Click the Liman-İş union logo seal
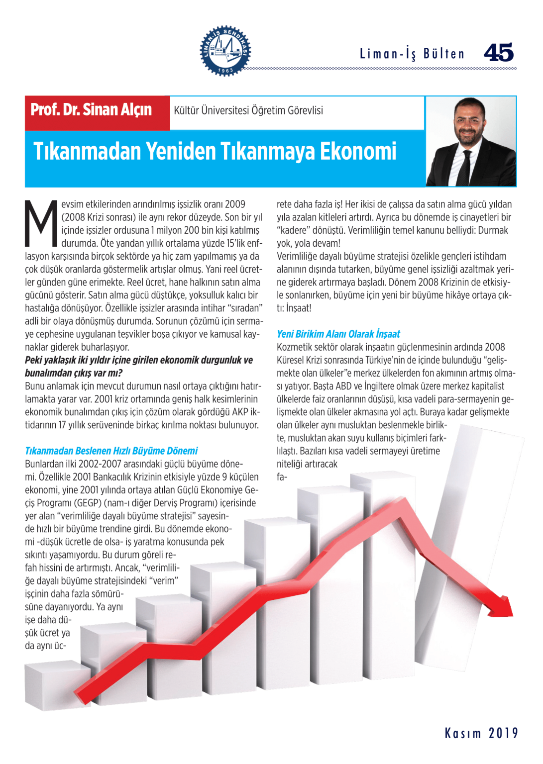(x=225, y=50)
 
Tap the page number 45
(x=498, y=53)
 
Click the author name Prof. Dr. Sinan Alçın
(x=91, y=110)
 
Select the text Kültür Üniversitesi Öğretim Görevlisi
(x=248, y=110)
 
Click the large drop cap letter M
(x=41, y=224)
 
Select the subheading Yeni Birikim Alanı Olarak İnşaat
(x=338, y=334)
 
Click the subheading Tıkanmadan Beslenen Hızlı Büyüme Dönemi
(x=111, y=451)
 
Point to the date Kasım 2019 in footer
(x=481, y=733)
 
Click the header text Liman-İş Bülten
(x=412, y=54)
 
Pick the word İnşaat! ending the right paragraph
(x=299, y=308)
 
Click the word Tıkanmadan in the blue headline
(x=87, y=152)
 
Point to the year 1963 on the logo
(x=225, y=70)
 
